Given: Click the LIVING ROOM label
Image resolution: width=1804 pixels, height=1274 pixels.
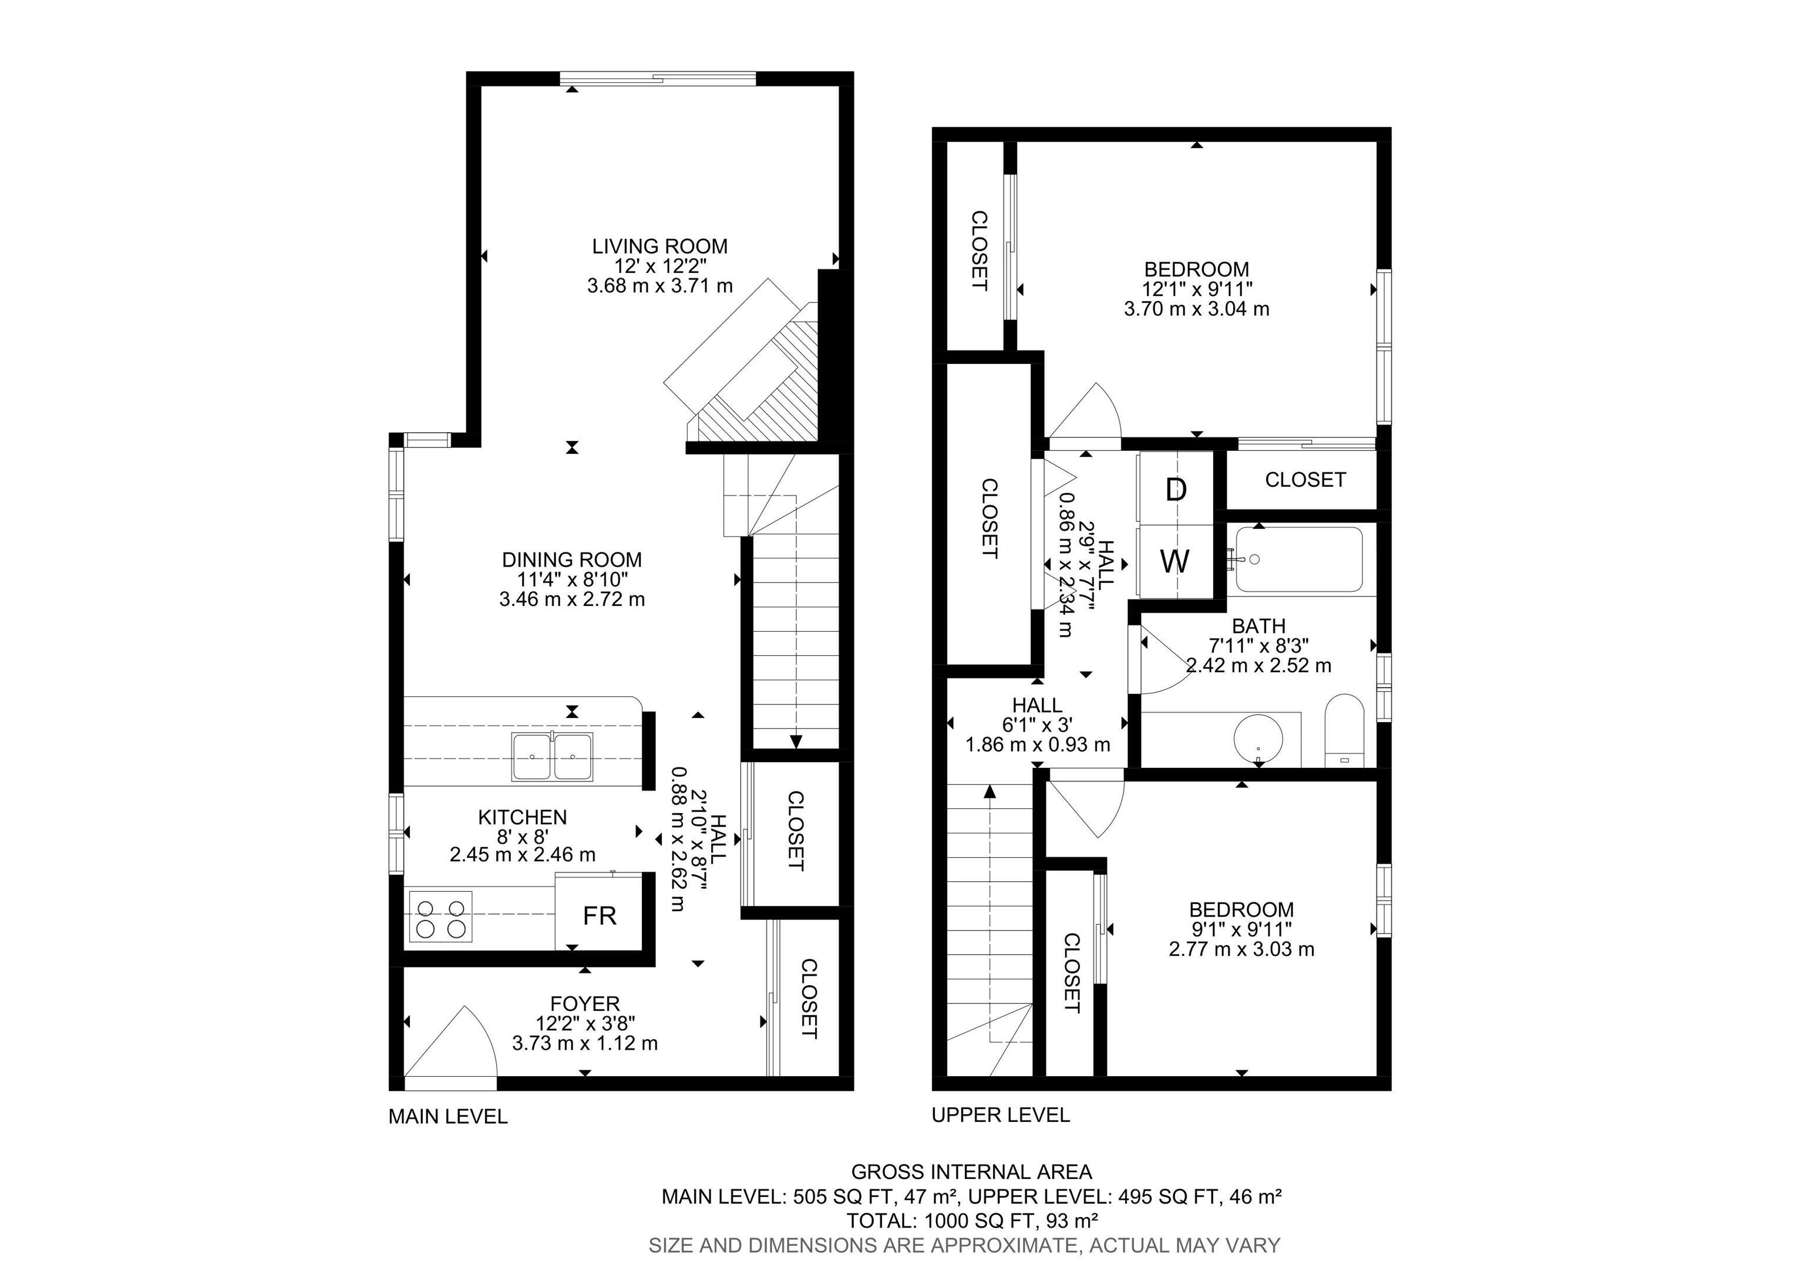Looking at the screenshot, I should point(659,247).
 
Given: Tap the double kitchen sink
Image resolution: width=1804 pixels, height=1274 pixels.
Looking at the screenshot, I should point(553,756).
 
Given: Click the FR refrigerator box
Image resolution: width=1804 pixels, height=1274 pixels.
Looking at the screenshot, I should point(600,916).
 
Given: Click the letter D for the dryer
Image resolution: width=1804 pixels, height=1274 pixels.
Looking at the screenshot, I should point(1176,490).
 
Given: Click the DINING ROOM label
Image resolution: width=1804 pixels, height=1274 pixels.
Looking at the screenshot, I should point(572,560).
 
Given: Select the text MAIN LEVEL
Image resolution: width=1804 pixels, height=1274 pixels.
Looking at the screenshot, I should point(448,1116).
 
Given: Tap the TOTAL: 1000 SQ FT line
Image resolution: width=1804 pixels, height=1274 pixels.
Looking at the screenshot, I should point(971,1221).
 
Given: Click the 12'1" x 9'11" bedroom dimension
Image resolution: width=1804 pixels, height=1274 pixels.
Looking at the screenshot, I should point(1197,289).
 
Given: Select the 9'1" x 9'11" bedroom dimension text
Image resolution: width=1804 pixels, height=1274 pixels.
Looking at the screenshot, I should point(1241,929).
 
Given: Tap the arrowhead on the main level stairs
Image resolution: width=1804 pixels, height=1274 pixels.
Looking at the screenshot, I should point(796,742).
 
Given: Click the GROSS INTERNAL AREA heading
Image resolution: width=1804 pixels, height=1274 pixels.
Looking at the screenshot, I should point(971,1172).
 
